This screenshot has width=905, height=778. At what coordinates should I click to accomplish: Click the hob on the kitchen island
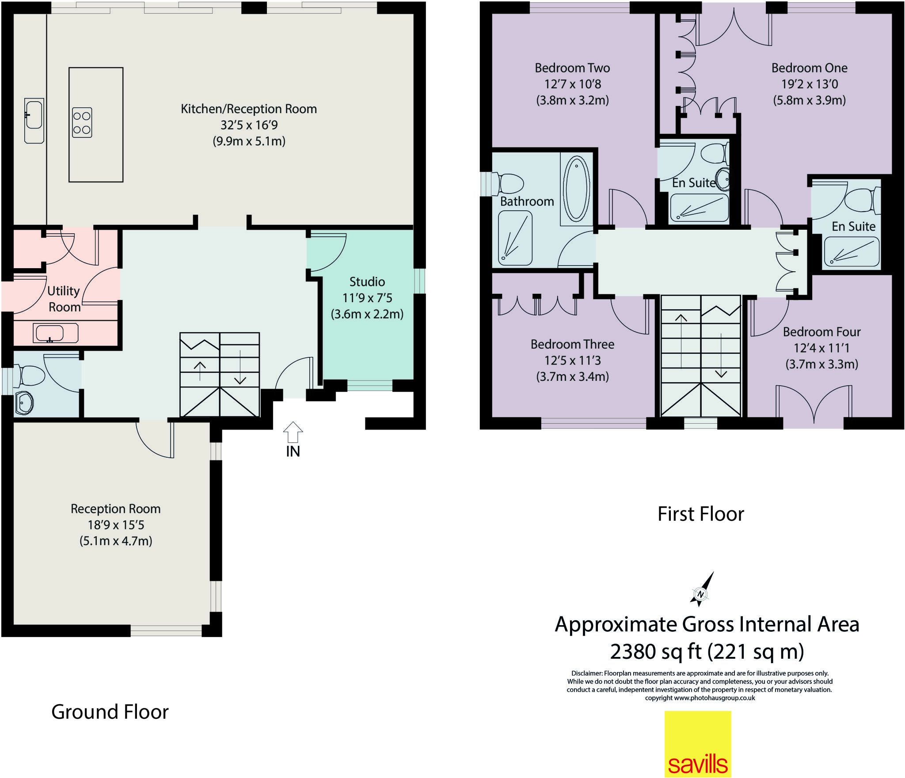pos(82,123)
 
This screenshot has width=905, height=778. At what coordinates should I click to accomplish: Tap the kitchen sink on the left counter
pos(34,120)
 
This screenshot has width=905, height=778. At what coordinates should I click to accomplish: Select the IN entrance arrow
pos(293,432)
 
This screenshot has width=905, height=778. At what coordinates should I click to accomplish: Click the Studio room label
pos(367,282)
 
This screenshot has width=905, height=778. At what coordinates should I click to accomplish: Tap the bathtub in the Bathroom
pos(576,189)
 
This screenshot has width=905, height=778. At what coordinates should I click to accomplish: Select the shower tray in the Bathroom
pos(515,238)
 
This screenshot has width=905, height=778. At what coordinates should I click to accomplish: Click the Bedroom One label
pos(809,68)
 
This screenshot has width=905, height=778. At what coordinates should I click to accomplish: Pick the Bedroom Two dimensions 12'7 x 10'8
pos(572,84)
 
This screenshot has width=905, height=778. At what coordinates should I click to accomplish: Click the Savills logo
pos(698,744)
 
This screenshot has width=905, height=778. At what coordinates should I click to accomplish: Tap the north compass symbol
pos(700,594)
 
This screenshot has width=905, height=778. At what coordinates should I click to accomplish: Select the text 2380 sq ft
pos(655,652)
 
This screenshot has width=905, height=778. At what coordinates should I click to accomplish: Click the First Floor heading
pos(700,514)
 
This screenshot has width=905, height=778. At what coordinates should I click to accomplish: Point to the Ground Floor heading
pos(110,712)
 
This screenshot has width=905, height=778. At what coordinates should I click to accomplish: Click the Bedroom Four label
pos(821,332)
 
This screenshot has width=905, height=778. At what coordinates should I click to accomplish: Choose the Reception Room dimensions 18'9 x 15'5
pos(116,525)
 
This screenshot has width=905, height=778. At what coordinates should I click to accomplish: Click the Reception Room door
pos(155,440)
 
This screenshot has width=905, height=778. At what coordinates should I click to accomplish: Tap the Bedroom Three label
pos(572,344)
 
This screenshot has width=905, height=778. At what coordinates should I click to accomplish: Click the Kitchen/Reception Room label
pos(249,109)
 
